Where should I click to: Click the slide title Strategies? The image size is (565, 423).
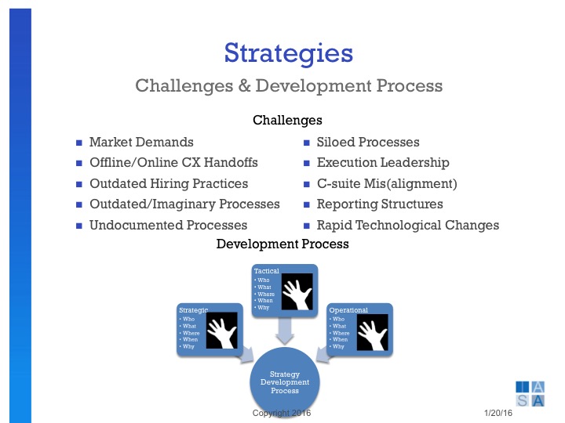[288, 53]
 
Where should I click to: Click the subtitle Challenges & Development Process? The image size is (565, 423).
[288, 85]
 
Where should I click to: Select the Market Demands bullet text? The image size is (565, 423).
[141, 143]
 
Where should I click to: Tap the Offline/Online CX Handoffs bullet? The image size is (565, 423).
[173, 163]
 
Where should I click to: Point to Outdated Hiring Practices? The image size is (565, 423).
[168, 183]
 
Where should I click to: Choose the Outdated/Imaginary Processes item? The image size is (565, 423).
[184, 204]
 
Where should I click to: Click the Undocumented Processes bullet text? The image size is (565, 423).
[168, 225]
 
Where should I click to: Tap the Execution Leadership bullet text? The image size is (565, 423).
[382, 163]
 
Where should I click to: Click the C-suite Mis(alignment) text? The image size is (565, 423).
[386, 183]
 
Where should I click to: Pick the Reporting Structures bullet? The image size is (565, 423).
[379, 204]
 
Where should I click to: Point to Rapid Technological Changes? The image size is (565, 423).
[407, 225]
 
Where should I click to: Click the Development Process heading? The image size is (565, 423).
[282, 244]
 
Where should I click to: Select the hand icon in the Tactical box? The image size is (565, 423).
[297, 293]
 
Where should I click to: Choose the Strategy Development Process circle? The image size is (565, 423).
[285, 382]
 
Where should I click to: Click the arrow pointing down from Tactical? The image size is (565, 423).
[285, 330]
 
